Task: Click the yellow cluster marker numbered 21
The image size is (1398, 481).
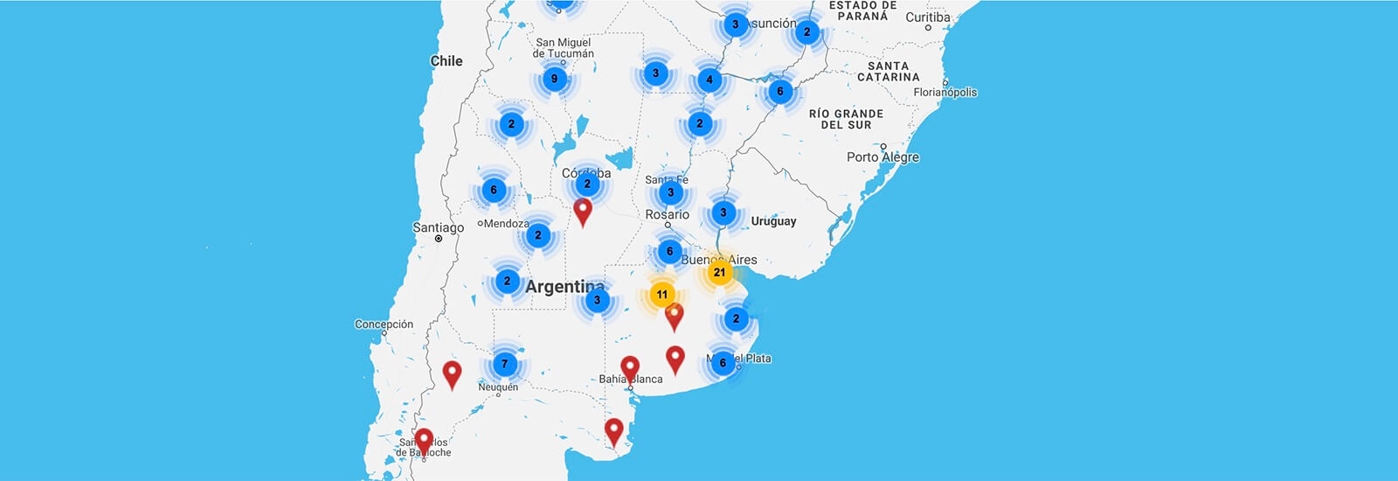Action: coord(719,272)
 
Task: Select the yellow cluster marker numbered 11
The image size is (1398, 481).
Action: coord(662,295)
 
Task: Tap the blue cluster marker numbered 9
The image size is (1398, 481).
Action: coord(554,79)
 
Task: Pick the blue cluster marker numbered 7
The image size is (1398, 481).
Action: coord(504,364)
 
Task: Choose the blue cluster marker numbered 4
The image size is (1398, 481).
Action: coord(709,80)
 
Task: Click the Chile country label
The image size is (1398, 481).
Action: coord(446,61)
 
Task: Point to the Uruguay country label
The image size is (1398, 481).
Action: coord(773,221)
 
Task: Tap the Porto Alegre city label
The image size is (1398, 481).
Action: coord(882,157)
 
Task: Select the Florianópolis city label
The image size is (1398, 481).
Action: coord(945,93)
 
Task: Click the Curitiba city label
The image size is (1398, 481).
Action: coord(928,17)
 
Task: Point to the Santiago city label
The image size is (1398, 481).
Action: coord(439,227)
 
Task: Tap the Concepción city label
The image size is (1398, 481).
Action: coord(384,324)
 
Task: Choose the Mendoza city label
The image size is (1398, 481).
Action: coord(506,224)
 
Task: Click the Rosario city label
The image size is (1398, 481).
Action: coord(668,214)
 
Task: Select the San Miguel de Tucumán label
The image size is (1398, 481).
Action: coord(563,48)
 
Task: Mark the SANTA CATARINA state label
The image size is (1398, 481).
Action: coord(888,72)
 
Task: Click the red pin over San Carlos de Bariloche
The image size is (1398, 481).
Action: coord(424,440)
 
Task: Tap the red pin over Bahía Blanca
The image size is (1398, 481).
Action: coord(630,368)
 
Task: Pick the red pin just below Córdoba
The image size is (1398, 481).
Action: coord(583,211)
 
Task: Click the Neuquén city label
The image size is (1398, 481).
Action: coord(498,387)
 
